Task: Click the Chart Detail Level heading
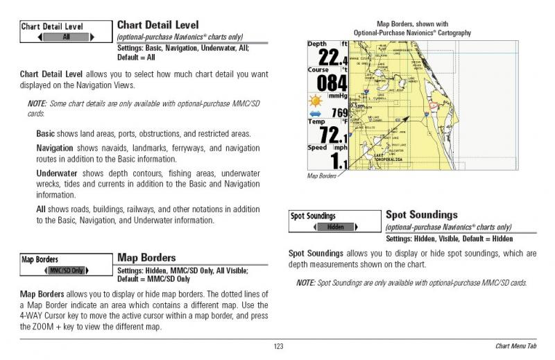click(157, 26)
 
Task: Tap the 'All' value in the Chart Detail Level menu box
click(66, 37)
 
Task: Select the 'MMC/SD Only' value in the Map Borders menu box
click(67, 270)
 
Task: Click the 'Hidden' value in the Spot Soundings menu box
click(335, 227)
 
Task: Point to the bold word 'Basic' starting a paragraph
click(45, 133)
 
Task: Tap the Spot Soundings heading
click(421, 215)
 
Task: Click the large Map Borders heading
click(146, 258)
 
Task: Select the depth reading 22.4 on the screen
click(328, 57)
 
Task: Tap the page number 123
click(278, 346)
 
